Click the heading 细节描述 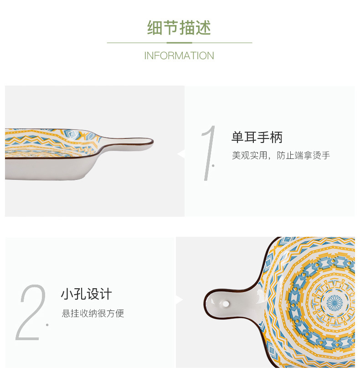(179, 28)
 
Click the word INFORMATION (179, 56)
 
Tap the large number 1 (209, 153)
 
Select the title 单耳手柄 (257, 137)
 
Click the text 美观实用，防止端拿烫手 (281, 156)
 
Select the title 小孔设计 (86, 294)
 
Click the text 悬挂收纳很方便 (93, 313)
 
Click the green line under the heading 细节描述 (179, 43)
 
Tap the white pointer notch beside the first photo (181, 155)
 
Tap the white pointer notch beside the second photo (179, 300)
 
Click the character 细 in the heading (155, 28)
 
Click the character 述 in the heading (203, 28)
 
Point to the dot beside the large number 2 (47, 325)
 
